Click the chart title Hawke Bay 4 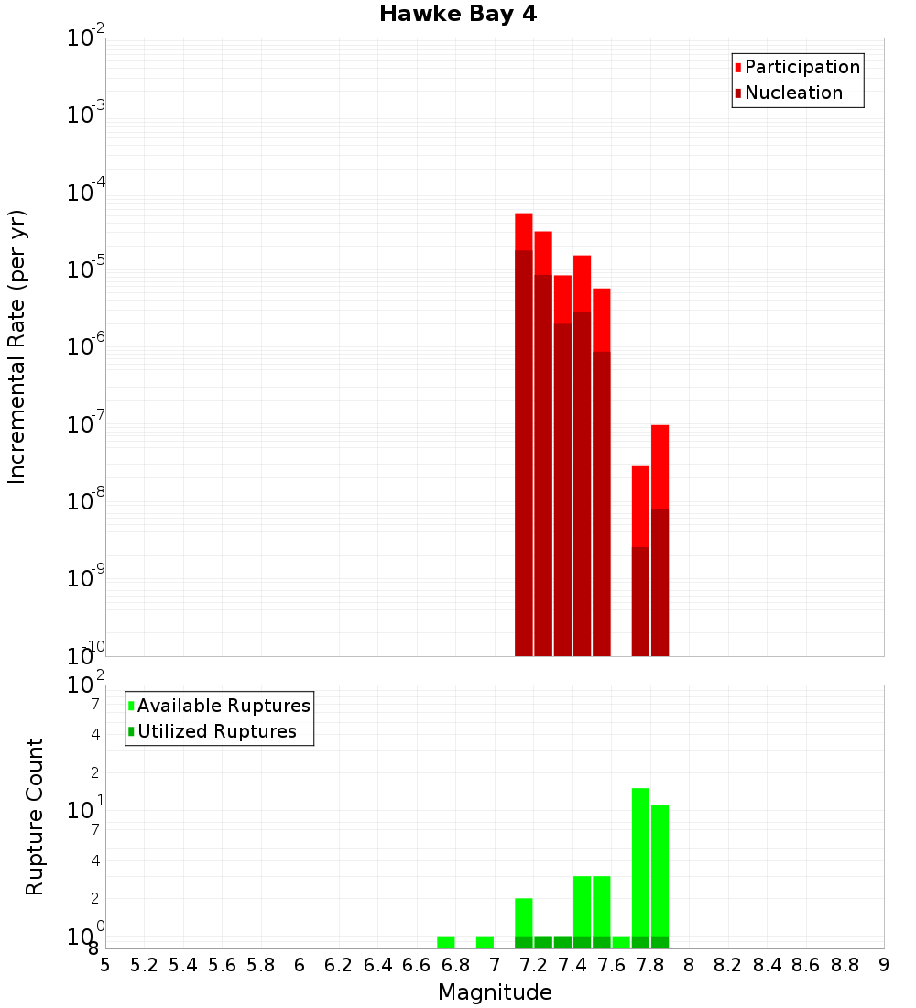coord(458,14)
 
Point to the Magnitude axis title coord(495,992)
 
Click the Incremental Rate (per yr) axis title coord(17,346)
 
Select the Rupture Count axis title coord(35,816)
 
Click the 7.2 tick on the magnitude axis coord(533,965)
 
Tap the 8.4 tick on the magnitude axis coord(767,965)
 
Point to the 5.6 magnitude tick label coord(222,965)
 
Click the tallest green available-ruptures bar coord(640,861)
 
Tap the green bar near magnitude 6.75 coord(446,942)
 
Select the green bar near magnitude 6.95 coord(485,942)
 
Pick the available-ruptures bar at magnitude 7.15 coord(524,916)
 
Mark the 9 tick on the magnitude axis coord(884,965)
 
